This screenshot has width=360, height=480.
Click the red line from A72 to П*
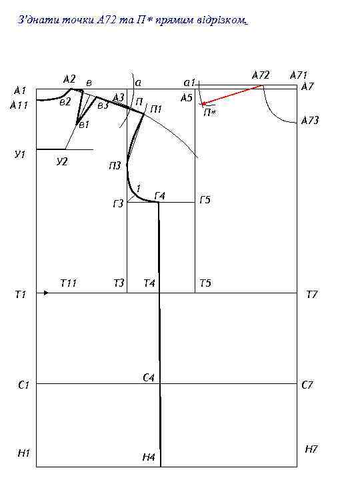coord(232,95)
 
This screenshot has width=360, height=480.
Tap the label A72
coord(261,75)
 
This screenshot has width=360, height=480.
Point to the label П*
coord(210,113)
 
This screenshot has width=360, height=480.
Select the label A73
coord(310,120)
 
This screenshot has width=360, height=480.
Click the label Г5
coord(205,200)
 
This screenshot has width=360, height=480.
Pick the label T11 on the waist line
coord(69,283)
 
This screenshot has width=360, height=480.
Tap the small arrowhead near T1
coord(46,293)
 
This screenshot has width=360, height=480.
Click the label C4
coord(149,378)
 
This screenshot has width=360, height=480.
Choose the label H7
coord(311,449)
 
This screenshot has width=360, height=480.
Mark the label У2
coord(62,161)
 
